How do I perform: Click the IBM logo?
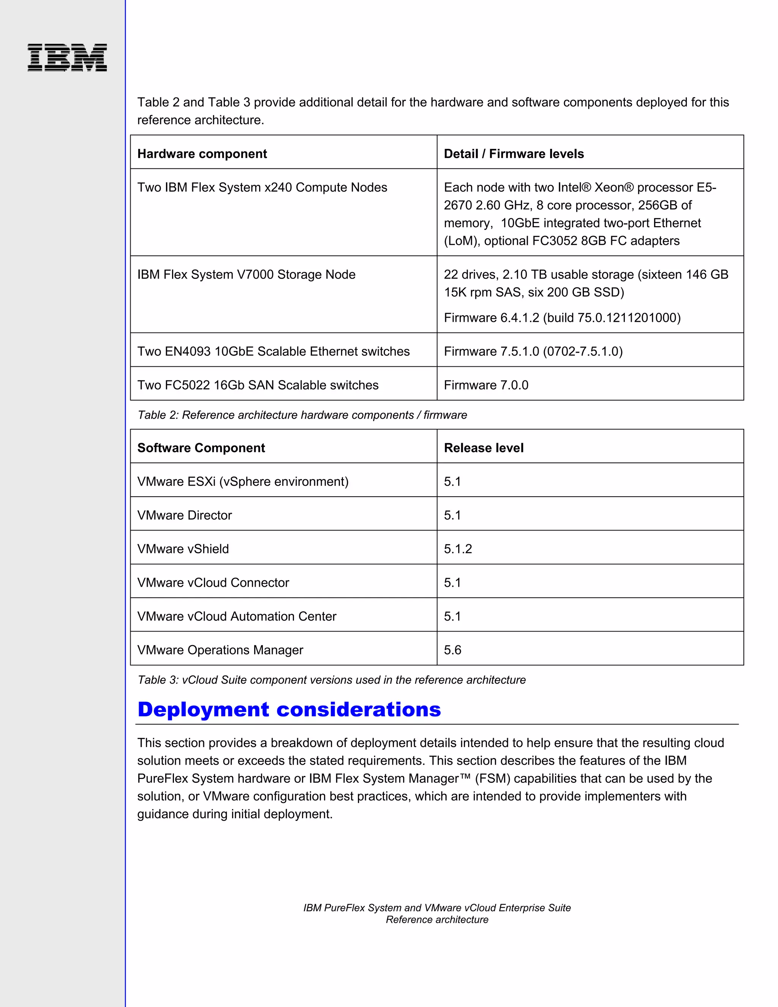pyautogui.click(x=67, y=58)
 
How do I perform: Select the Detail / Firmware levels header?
pyautogui.click(x=514, y=154)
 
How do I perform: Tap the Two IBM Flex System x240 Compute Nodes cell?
pyautogui.click(x=262, y=187)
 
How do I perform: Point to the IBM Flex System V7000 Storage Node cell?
pyautogui.click(x=246, y=274)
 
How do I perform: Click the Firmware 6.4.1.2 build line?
pyautogui.click(x=562, y=318)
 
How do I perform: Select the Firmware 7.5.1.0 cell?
pyautogui.click(x=533, y=351)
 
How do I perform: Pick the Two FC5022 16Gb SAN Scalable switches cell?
pyautogui.click(x=258, y=385)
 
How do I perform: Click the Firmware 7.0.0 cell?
pyautogui.click(x=486, y=385)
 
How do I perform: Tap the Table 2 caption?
pyautogui.click(x=302, y=415)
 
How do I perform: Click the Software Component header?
pyautogui.click(x=201, y=448)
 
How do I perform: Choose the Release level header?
pyautogui.click(x=484, y=448)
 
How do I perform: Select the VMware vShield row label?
pyautogui.click(x=183, y=549)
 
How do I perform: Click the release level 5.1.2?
pyautogui.click(x=458, y=549)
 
